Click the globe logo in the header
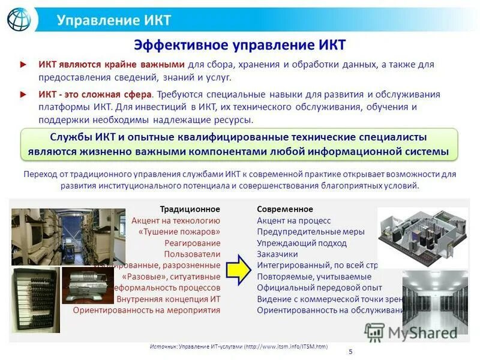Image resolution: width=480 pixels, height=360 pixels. (x=19, y=19)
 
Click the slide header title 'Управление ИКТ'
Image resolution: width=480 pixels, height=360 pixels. (x=113, y=20)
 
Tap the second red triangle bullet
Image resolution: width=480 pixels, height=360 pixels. (x=23, y=94)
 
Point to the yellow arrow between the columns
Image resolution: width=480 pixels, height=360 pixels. (x=238, y=271)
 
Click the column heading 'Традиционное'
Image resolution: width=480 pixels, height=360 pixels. (x=190, y=209)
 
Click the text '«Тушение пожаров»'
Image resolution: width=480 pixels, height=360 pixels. (x=179, y=232)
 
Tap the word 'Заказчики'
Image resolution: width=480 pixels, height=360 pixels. (x=277, y=254)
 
